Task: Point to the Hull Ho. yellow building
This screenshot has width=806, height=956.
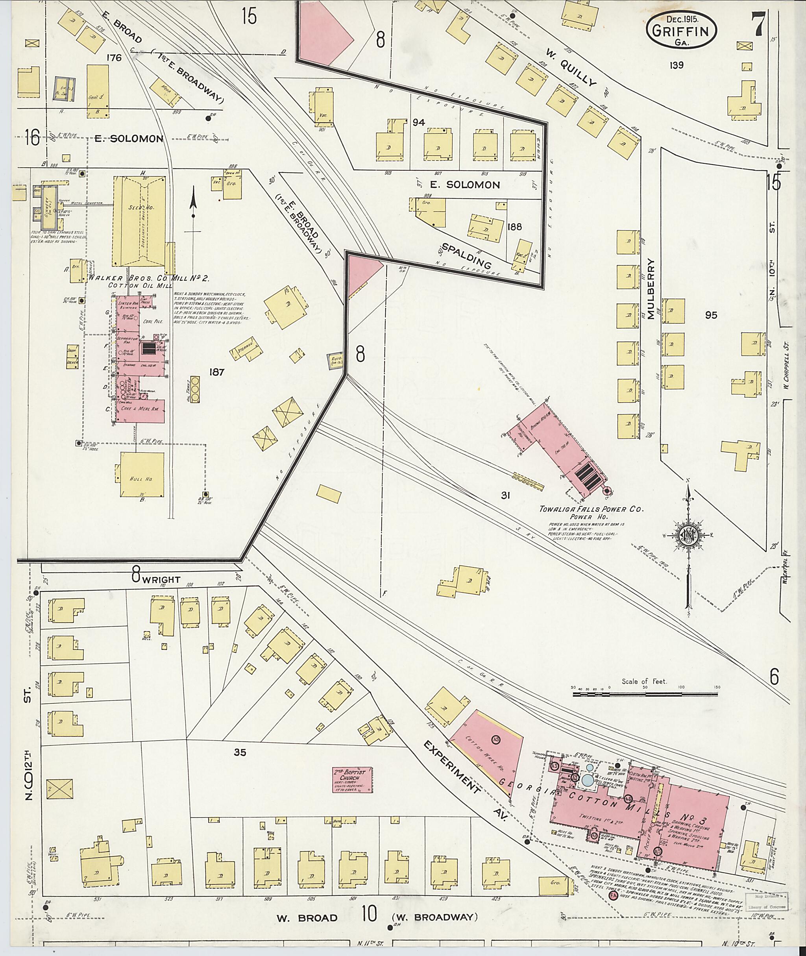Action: click(x=142, y=474)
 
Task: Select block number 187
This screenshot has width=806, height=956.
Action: click(x=216, y=372)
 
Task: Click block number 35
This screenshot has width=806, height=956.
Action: click(x=240, y=752)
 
